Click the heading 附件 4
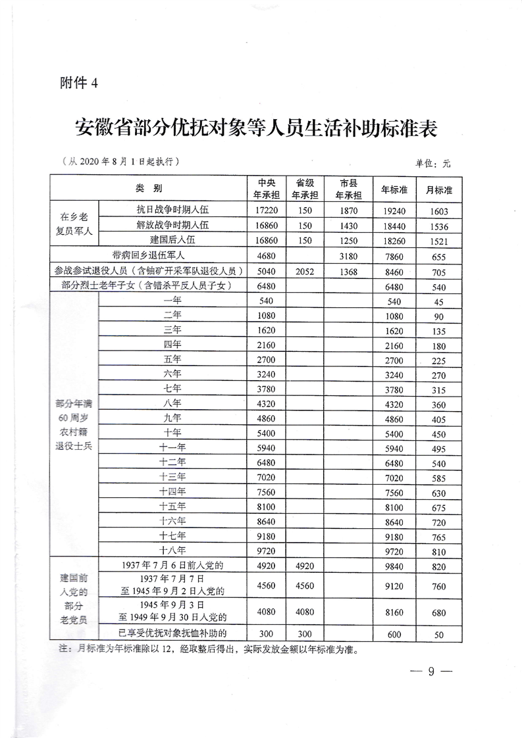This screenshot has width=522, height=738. (x=78, y=84)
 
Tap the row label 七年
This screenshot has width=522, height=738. (x=173, y=387)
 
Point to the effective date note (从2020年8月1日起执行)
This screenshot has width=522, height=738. (x=118, y=161)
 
